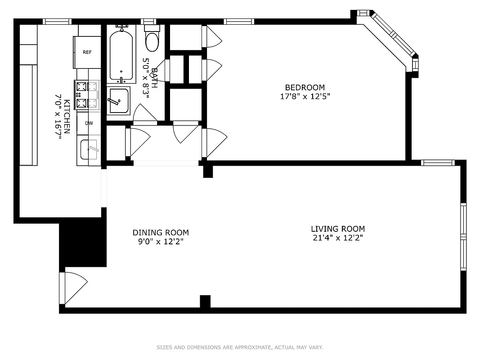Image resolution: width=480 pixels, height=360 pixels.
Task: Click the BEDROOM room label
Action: click(x=305, y=87)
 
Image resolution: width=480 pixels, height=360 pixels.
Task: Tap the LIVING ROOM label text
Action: click(x=337, y=229)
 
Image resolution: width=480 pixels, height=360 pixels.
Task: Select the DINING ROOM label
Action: click(x=161, y=233)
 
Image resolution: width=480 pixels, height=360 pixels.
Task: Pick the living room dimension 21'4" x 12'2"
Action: click(x=337, y=238)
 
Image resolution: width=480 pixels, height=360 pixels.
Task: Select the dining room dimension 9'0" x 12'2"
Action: click(x=161, y=242)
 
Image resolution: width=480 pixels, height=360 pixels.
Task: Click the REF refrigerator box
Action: click(x=87, y=52)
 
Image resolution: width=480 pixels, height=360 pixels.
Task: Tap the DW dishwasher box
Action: click(x=89, y=123)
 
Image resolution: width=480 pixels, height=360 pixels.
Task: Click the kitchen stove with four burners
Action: click(x=87, y=95)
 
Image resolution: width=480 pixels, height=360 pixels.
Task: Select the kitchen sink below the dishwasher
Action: click(x=89, y=150)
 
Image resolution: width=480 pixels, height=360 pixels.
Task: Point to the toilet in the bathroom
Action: click(x=152, y=39)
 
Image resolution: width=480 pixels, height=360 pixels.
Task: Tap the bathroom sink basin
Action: click(x=119, y=101)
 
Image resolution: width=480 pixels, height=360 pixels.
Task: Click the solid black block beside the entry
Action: click(x=83, y=243)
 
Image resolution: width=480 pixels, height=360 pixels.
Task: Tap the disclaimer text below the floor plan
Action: click(x=240, y=347)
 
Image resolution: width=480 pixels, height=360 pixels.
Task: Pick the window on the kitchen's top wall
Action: click(x=57, y=21)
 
